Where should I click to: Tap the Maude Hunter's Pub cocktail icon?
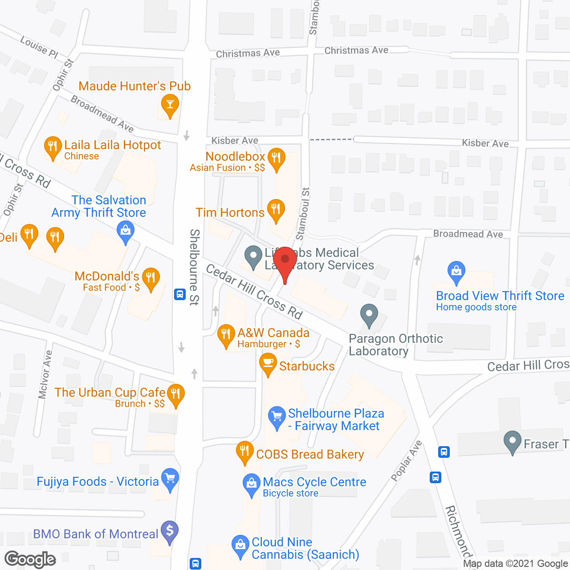pyautogui.click(x=170, y=105)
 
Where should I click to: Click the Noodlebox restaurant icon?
pyautogui.click(x=277, y=159)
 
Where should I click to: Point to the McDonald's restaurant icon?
pyautogui.click(x=151, y=279)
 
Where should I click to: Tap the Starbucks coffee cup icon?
pyautogui.click(x=268, y=364)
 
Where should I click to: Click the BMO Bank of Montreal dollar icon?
pyautogui.click(x=170, y=531)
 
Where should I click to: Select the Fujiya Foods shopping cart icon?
pyautogui.click(x=170, y=479)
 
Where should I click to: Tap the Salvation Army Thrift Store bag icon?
pyautogui.click(x=126, y=232)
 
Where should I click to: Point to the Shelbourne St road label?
pyautogui.click(x=194, y=267)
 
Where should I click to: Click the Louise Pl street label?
pyautogui.click(x=39, y=47)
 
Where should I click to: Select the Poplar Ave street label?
pyautogui.click(x=406, y=461)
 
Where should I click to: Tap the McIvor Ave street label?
pyautogui.click(x=45, y=374)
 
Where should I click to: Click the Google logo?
pyautogui.click(x=30, y=559)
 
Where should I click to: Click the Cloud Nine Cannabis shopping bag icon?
pyautogui.click(x=240, y=546)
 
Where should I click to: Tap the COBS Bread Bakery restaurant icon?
pyautogui.click(x=244, y=452)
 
